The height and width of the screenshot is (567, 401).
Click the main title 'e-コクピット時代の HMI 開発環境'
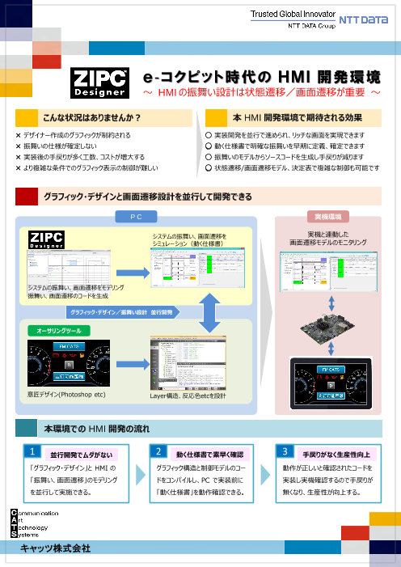261,78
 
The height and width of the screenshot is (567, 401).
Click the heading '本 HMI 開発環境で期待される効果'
290,118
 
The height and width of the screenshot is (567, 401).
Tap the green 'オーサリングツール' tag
54,331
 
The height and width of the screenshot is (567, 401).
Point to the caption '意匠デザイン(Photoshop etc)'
66,394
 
